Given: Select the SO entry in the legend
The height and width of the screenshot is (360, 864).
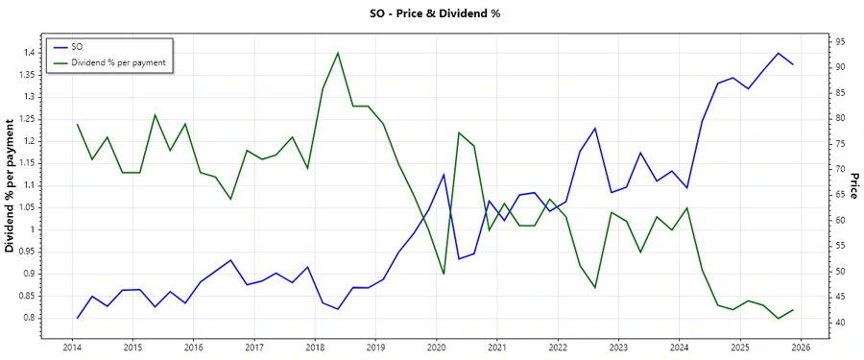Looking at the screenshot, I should point(78,47).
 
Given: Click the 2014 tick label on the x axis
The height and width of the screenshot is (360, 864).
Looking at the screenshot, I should point(71,348).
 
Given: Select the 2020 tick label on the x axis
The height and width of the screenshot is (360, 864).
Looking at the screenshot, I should point(436,348).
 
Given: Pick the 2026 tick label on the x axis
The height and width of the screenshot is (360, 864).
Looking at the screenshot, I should point(801,348).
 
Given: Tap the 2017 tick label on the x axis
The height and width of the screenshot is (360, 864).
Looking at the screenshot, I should point(253,348).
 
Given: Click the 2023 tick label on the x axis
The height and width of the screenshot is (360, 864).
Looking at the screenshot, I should point(618,348).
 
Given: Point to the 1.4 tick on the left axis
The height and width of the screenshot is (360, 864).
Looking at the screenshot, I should point(29,53).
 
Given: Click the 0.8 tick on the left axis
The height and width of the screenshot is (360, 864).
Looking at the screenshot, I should point(29,318).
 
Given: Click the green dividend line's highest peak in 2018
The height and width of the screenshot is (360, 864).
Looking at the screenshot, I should point(338,53).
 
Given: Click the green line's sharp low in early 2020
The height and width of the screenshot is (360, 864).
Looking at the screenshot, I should point(444,274).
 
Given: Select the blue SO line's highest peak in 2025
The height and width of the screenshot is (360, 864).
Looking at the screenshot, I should point(778,53).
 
